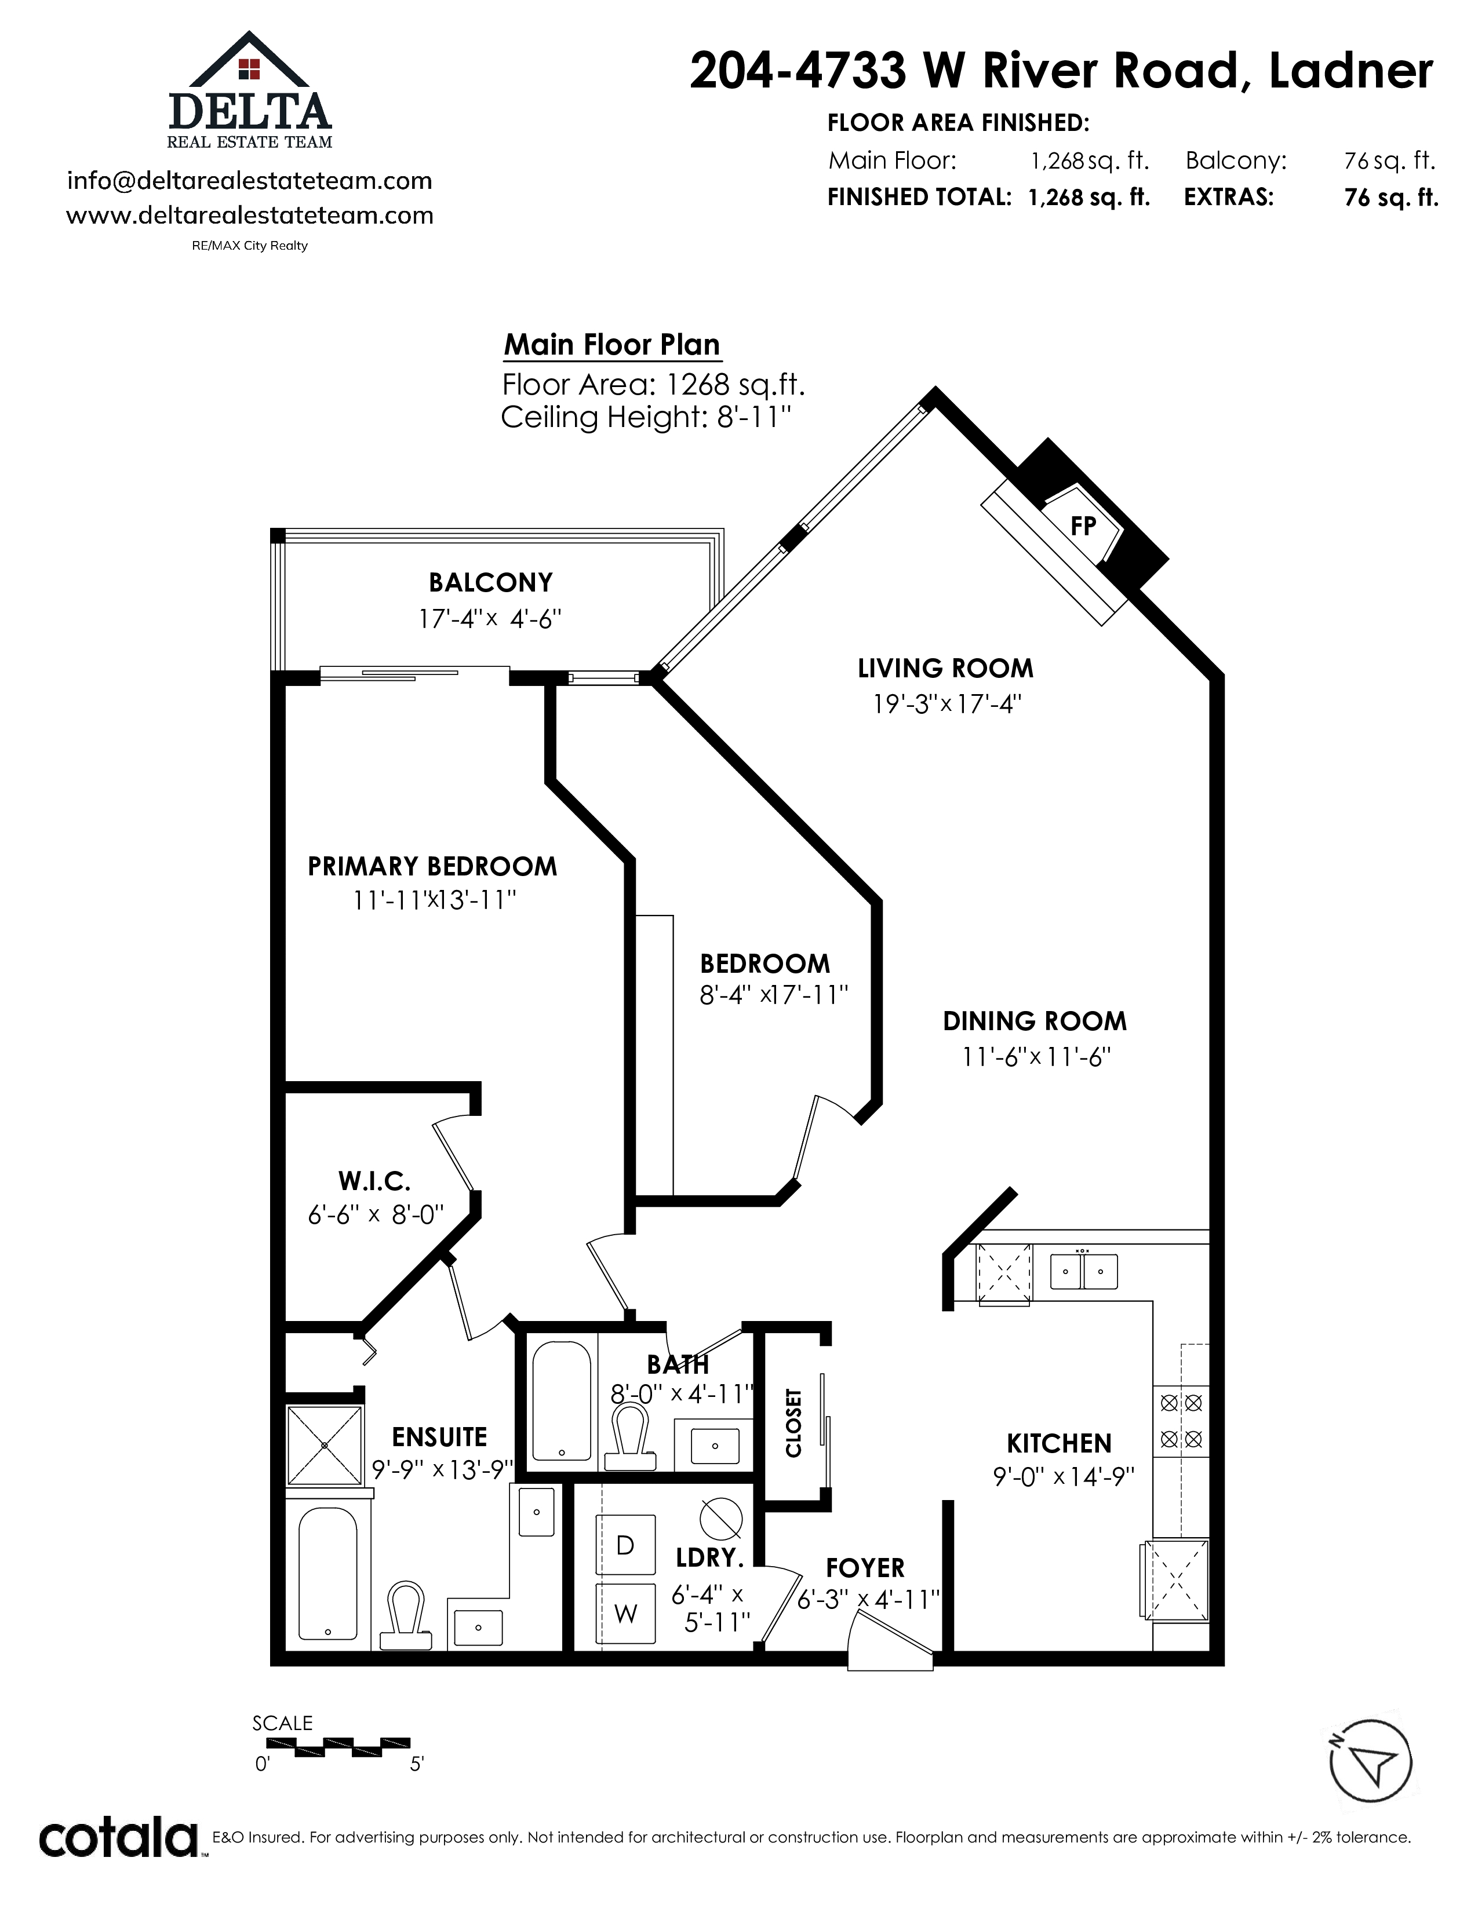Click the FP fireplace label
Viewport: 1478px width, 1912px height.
click(x=1083, y=526)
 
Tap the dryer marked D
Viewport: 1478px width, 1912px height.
click(x=625, y=1545)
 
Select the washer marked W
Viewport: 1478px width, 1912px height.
click(x=625, y=1614)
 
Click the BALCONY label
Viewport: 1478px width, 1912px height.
click(x=490, y=582)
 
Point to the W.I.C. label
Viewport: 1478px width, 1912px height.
click(x=375, y=1181)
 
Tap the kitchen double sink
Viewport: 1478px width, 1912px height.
click(x=1084, y=1270)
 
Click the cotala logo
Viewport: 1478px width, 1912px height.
click(x=119, y=1838)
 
